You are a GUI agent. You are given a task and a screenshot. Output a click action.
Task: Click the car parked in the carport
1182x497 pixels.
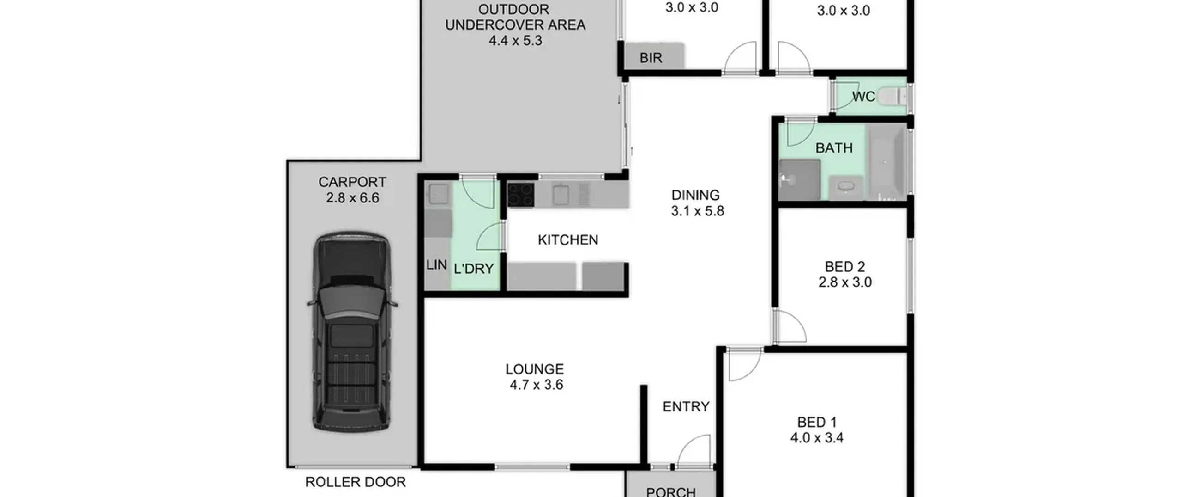click(x=352, y=332)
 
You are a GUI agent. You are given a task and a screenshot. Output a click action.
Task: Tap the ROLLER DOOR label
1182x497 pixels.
click(x=356, y=482)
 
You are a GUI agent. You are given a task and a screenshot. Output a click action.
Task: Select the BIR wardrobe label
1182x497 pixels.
click(x=651, y=58)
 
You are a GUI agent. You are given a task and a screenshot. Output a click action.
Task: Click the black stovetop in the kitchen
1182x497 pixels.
click(x=521, y=195)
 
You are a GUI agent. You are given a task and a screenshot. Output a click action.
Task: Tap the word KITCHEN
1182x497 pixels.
click(x=568, y=240)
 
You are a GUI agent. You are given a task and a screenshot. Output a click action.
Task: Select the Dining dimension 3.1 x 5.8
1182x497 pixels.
click(x=697, y=211)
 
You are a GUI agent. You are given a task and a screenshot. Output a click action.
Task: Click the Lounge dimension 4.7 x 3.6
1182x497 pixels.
click(x=537, y=385)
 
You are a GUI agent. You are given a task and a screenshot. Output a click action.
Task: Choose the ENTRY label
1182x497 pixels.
click(x=686, y=407)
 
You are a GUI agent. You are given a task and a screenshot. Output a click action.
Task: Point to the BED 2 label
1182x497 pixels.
click(x=845, y=267)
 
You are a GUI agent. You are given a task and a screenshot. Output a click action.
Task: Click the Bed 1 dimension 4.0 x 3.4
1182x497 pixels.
click(x=817, y=438)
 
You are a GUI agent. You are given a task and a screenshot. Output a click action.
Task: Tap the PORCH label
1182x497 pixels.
click(x=671, y=492)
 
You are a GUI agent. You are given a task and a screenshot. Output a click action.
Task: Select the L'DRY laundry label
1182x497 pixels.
click(x=474, y=269)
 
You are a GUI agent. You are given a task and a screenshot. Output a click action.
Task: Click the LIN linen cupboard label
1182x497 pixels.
click(x=437, y=265)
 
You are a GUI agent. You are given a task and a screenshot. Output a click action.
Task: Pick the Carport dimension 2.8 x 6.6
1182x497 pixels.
click(x=353, y=198)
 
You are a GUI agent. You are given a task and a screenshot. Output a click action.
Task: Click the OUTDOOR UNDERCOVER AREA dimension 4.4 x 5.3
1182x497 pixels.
click(x=515, y=41)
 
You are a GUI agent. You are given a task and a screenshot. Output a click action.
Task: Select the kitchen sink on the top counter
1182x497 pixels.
click(x=561, y=195)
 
